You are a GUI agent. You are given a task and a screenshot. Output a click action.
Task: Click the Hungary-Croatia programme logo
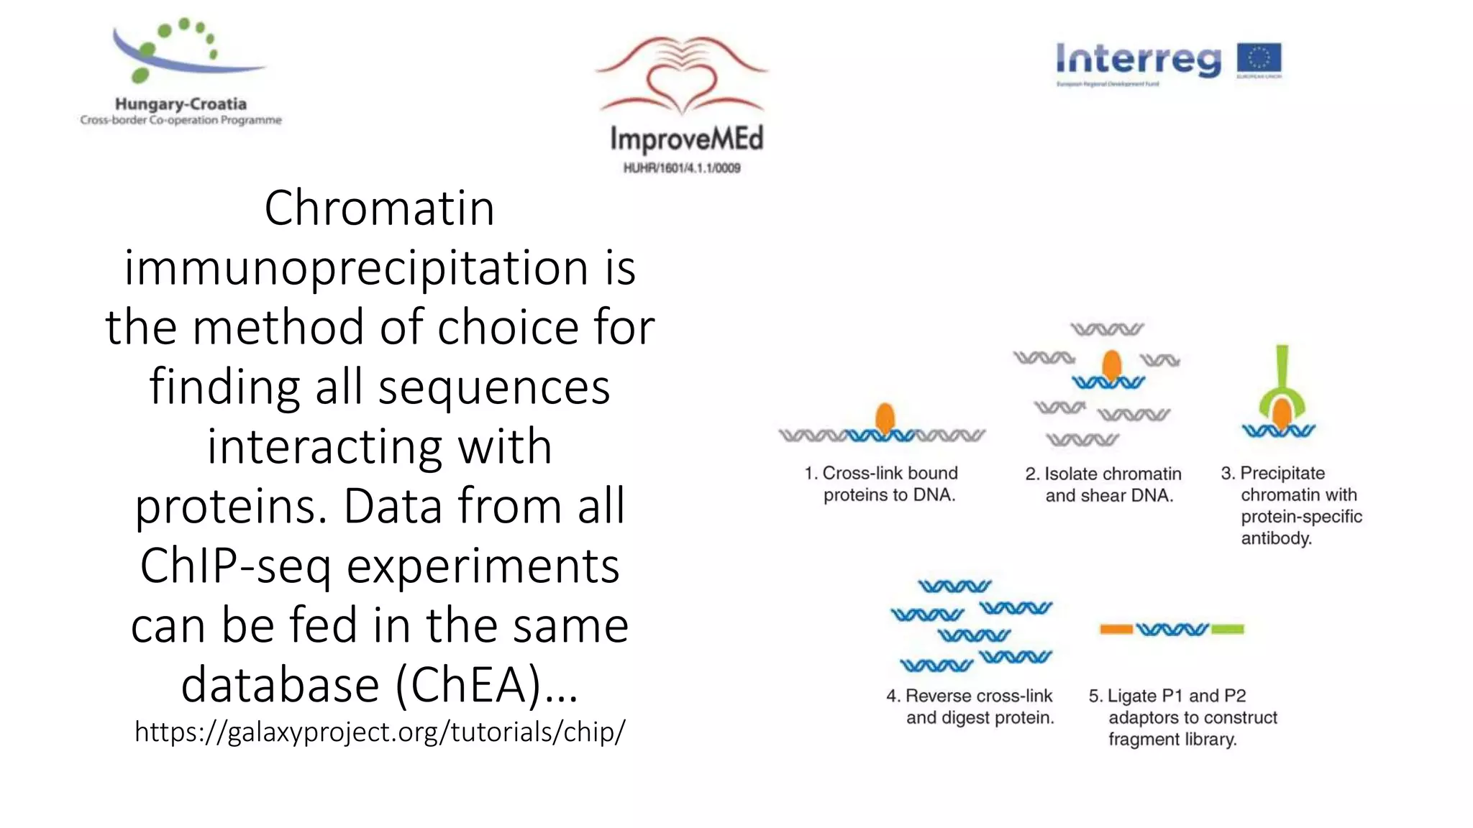click(x=180, y=72)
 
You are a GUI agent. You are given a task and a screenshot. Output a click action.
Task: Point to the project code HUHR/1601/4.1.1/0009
click(x=681, y=168)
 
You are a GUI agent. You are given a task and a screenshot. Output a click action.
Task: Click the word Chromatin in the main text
click(x=379, y=208)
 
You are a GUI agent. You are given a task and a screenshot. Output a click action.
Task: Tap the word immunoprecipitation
click(x=355, y=268)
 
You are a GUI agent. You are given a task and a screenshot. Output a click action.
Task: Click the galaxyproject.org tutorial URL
click(x=380, y=732)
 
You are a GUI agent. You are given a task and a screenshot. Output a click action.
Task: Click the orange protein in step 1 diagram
click(x=885, y=418)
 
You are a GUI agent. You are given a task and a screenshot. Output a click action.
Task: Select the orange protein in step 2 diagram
click(x=1111, y=364)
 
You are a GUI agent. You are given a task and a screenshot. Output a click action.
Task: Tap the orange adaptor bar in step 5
click(x=1116, y=630)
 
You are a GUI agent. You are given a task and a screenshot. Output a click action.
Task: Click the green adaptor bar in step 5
click(x=1227, y=630)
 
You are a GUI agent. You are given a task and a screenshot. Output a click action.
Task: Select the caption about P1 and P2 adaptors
click(x=1183, y=717)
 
